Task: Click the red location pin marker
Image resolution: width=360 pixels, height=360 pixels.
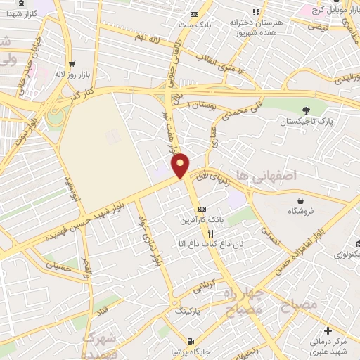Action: pyautogui.click(x=181, y=165)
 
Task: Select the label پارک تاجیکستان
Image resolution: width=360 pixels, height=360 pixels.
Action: pyautogui.click(x=305, y=122)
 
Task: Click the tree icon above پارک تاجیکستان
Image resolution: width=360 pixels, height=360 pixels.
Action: pyautogui.click(x=305, y=110)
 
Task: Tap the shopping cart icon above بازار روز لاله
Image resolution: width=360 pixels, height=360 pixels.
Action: pyautogui.click(x=72, y=63)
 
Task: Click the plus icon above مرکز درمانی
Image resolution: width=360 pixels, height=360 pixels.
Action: pyautogui.click(x=328, y=330)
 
